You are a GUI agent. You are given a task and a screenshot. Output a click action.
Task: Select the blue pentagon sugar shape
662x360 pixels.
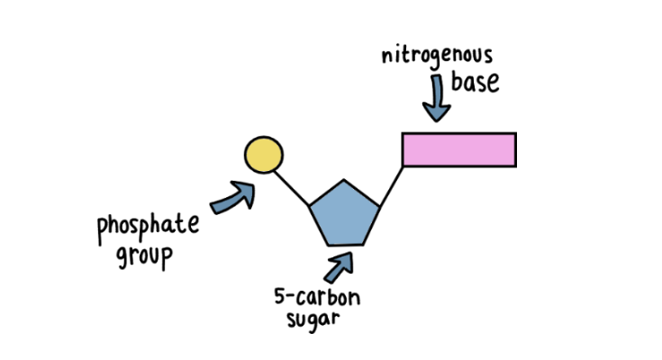pyautogui.click(x=343, y=213)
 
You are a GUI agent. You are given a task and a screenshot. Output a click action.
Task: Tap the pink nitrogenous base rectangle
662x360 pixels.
pyautogui.click(x=458, y=149)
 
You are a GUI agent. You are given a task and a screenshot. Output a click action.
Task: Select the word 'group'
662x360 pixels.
pyautogui.click(x=143, y=254)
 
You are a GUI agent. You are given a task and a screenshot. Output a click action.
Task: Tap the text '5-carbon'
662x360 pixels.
pyautogui.click(x=311, y=297)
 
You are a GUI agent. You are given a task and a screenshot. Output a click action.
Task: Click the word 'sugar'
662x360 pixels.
pyautogui.click(x=311, y=319)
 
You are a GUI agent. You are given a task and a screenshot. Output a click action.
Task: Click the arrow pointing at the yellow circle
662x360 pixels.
pyautogui.click(x=234, y=197)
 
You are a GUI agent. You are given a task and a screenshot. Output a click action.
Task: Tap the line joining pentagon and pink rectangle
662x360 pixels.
pyautogui.click(x=391, y=186)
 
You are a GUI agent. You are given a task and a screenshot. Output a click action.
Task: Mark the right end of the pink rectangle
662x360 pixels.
pyautogui.click(x=514, y=149)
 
